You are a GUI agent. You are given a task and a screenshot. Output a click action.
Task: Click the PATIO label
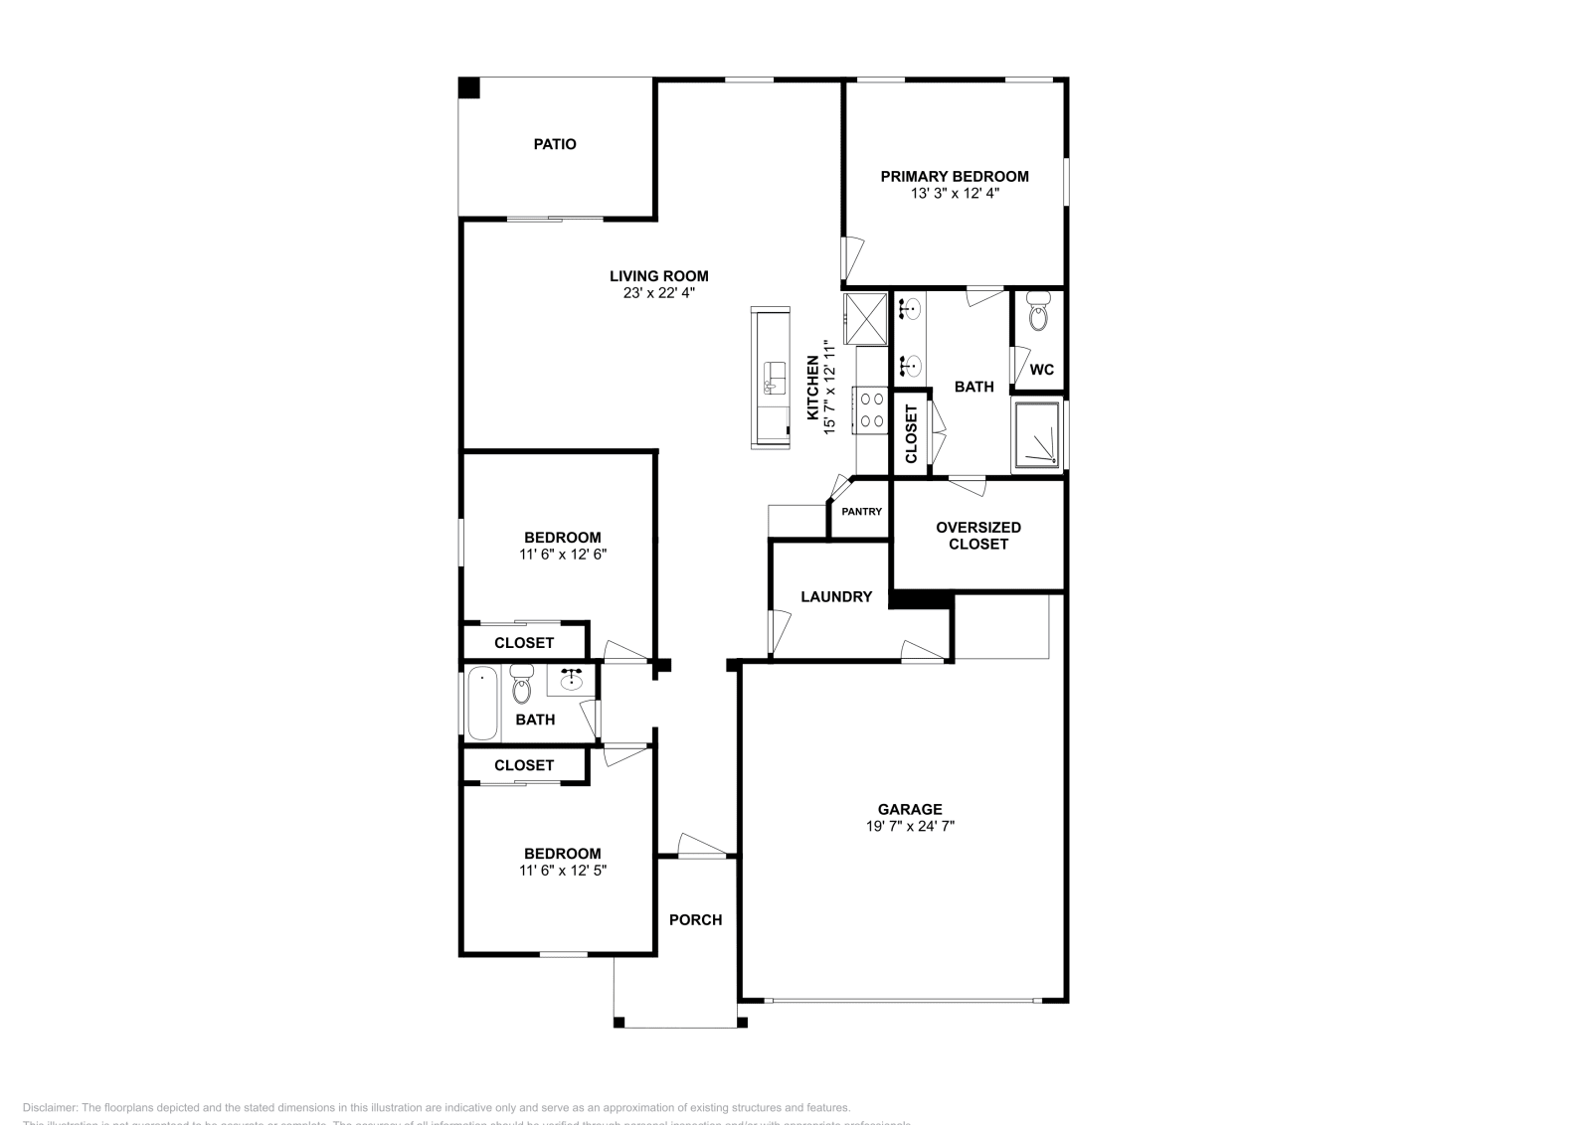coord(555,144)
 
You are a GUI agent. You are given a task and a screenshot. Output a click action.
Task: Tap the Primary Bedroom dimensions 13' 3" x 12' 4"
coord(955,194)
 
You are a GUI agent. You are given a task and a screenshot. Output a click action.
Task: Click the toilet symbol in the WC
coord(1038,313)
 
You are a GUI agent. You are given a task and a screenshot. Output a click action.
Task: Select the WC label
coord(1041,370)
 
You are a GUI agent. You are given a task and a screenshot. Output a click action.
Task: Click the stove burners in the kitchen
coord(873,409)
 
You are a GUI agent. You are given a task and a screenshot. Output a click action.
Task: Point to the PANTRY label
coord(861,512)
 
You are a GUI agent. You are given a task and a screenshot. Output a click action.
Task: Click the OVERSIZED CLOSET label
coord(978,536)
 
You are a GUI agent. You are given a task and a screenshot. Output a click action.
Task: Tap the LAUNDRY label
coord(836,596)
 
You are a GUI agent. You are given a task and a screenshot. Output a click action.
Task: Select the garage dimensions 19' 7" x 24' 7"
coord(909,826)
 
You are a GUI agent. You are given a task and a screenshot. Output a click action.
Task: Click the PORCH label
coord(695,920)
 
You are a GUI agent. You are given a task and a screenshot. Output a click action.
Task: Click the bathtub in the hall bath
coord(482,704)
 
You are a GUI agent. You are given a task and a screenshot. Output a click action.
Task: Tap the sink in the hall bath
coord(571,680)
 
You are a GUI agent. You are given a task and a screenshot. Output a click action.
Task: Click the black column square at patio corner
coord(468,87)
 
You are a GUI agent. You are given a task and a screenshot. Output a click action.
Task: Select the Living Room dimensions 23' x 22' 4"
coord(658,293)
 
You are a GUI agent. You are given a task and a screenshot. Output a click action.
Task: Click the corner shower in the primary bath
coord(1038,435)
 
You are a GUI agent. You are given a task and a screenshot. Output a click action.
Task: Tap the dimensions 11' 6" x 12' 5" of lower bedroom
coord(562,871)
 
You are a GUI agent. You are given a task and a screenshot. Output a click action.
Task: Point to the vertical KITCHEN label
coord(812,388)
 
